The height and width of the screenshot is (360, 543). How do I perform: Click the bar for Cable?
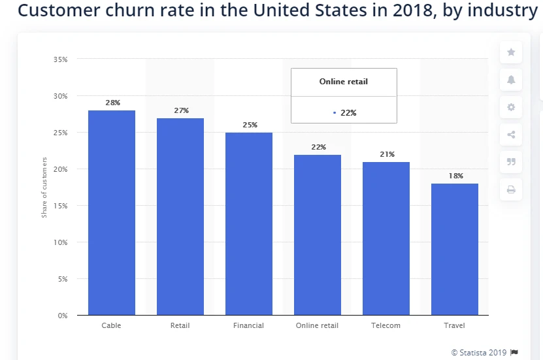112,212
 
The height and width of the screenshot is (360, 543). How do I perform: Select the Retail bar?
180,216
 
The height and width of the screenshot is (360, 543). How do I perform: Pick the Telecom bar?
386,238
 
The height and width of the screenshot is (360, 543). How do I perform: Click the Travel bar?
455,249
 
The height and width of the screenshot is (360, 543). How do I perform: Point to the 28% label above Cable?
112,103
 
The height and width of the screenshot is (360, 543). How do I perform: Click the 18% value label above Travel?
455,176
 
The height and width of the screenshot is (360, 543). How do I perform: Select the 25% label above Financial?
250,125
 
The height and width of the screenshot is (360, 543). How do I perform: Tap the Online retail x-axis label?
317,325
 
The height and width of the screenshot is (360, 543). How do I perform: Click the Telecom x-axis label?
386,325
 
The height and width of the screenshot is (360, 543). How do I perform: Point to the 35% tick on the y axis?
60,59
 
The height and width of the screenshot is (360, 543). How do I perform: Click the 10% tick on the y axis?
60,242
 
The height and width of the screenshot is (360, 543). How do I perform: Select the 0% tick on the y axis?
62,316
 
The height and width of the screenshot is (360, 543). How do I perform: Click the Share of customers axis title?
44,187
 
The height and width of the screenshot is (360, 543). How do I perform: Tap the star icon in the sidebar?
511,52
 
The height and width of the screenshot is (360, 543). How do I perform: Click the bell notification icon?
511,80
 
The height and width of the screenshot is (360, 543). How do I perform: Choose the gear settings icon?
511,107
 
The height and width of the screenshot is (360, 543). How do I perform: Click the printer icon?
511,189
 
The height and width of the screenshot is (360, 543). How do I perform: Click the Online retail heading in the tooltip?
344,82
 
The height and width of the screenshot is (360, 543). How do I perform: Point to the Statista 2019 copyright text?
479,352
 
